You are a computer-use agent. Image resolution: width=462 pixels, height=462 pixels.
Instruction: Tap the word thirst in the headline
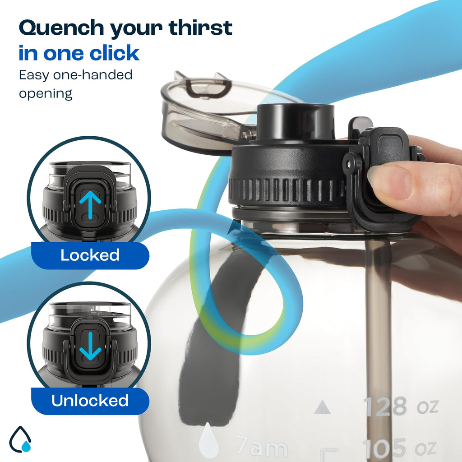pos(200,28)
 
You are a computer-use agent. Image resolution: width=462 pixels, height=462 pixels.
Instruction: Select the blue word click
pos(114,53)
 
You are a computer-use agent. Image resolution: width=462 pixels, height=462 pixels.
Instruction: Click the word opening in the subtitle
pos(46,94)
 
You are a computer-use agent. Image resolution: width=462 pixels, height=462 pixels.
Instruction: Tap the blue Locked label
pos(90,255)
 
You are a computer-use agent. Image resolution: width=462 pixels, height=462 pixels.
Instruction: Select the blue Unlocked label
pos(90,401)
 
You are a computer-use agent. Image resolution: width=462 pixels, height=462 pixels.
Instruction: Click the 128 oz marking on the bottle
pos(401,407)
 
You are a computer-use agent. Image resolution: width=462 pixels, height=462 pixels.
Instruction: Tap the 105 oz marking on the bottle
pos(399,448)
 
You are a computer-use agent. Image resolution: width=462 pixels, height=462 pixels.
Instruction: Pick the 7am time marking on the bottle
pos(262,447)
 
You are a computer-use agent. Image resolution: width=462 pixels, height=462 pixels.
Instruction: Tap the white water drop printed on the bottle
pos(208,440)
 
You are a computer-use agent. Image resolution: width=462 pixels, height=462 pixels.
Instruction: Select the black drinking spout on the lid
pos(296,121)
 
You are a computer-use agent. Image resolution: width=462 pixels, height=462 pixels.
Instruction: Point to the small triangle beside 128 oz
pos(322,407)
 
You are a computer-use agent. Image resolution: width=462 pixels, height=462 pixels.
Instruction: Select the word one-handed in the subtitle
pos(93,75)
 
